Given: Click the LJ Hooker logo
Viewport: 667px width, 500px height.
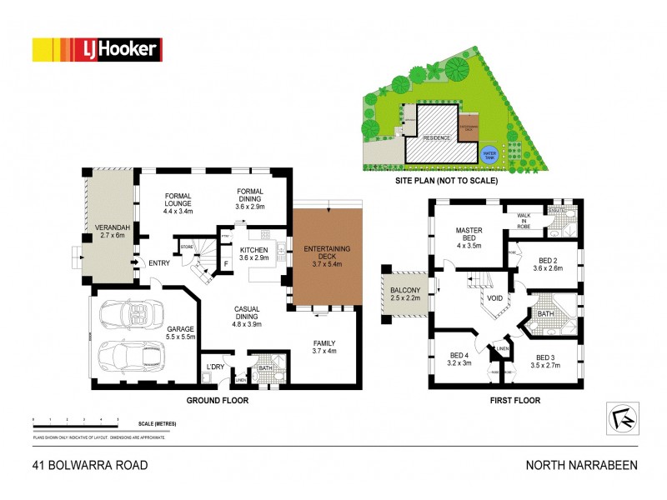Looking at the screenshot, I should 96,50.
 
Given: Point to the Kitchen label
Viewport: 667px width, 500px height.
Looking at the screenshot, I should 253,253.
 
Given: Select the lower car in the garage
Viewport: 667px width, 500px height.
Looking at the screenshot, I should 133,356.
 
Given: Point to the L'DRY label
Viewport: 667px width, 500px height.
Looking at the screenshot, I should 214,367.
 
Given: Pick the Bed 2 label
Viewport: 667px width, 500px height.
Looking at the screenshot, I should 548,262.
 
